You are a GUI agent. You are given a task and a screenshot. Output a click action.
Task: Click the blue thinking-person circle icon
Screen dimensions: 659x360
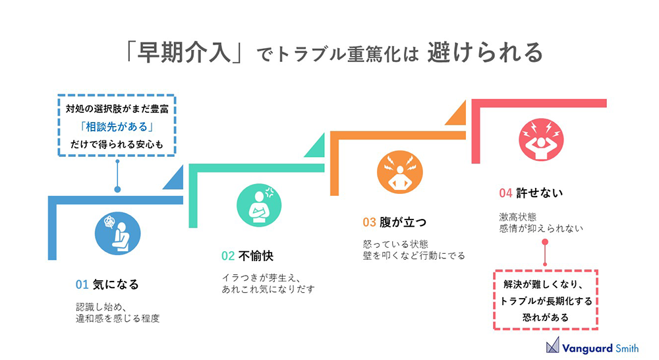[x=118, y=233]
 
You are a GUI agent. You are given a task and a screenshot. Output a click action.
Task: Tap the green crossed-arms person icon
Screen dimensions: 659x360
[x=259, y=205]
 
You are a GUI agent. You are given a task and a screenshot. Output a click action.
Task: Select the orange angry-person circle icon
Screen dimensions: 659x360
[x=400, y=172]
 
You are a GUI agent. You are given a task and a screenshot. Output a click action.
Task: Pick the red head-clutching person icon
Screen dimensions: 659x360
[x=541, y=140]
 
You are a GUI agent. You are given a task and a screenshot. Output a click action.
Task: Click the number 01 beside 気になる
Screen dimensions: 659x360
[x=82, y=285]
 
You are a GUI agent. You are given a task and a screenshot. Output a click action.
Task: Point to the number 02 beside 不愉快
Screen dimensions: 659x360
[x=228, y=256]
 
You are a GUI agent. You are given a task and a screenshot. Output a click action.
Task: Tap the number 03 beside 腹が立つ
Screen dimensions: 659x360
[x=369, y=222]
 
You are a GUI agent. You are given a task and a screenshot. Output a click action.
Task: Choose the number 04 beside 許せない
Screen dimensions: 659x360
[x=505, y=193]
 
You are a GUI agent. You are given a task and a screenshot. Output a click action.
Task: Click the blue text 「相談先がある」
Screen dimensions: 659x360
[x=117, y=127]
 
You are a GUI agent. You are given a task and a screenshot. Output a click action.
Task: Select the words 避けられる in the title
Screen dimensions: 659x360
[x=486, y=53]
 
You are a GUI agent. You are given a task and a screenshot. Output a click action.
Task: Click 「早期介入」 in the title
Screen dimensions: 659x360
[x=184, y=53]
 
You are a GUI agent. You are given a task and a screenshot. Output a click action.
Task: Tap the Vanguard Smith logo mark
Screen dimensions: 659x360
[x=553, y=345]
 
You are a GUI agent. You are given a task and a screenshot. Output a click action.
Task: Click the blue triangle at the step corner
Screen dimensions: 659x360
[x=176, y=181]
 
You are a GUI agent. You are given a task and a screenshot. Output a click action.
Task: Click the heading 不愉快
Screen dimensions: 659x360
[x=256, y=256]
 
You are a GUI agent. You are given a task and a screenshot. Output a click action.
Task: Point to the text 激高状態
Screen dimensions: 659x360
[x=518, y=217]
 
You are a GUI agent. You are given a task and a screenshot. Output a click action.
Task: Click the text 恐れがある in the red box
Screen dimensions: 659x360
[x=546, y=318]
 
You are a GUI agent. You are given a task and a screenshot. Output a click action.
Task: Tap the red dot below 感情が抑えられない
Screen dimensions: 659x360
[x=545, y=242]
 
